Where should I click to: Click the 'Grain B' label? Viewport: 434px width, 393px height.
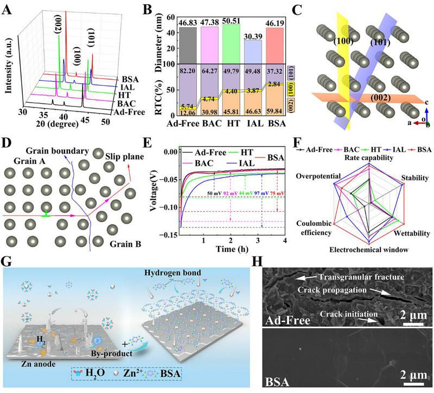pos(128,245)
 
